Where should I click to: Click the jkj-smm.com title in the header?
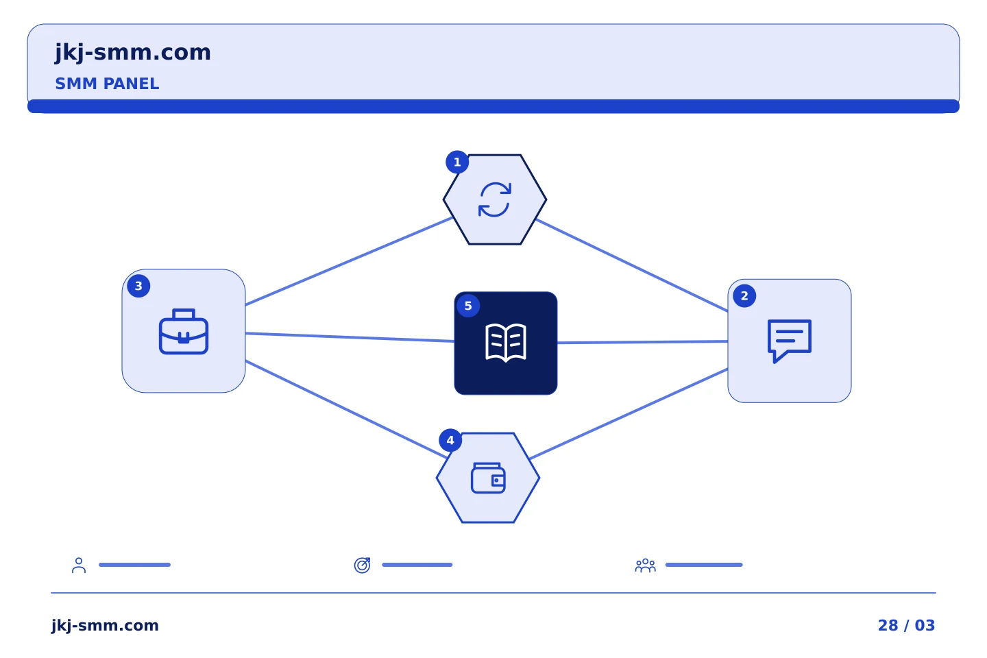pos(133,53)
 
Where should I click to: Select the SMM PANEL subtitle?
pos(107,84)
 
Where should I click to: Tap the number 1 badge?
pos(457,162)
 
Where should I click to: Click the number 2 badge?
pos(744,295)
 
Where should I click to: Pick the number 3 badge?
pos(138,286)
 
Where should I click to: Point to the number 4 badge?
pos(450,440)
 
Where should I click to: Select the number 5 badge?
pos(468,306)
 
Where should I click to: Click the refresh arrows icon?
pos(495,199)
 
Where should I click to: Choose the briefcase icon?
pos(183,332)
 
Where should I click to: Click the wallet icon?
pos(488,478)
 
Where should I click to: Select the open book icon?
pos(505,343)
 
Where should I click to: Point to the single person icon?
pos(79,565)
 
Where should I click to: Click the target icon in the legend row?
pos(362,565)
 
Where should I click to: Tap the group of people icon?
pos(645,565)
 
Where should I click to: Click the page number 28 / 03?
pos(906,625)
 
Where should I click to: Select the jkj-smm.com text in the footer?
pos(105,625)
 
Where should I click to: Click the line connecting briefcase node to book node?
pos(350,337)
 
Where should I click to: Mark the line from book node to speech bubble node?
pos(642,342)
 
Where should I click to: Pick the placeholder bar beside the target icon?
pos(417,565)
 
